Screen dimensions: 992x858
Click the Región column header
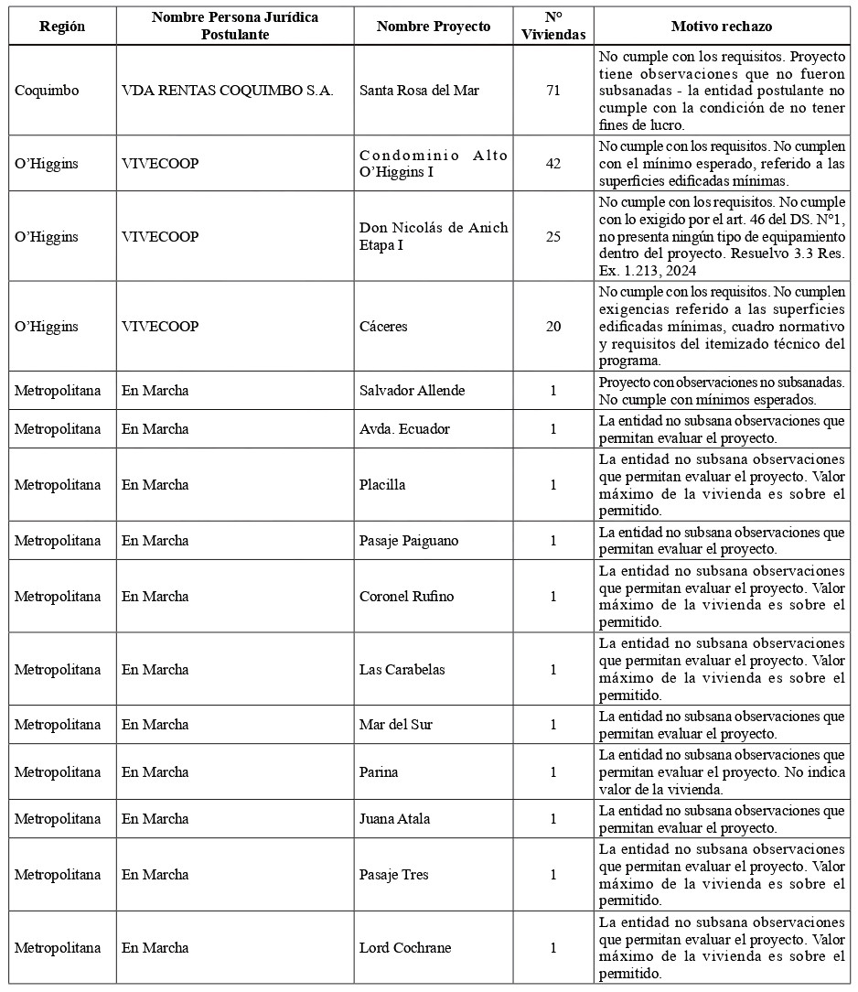point(62,27)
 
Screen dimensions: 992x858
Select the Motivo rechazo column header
point(721,27)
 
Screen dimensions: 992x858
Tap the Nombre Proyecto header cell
point(433,27)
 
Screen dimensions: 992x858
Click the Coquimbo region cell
point(47,91)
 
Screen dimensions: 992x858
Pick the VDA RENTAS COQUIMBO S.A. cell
point(227,91)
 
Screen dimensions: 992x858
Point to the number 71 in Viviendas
point(552,91)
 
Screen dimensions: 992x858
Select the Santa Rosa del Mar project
point(419,91)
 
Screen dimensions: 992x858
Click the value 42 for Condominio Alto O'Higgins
point(552,164)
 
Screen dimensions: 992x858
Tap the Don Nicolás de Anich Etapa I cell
point(433,236)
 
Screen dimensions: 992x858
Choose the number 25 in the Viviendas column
point(552,236)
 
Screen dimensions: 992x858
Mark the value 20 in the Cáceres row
point(552,326)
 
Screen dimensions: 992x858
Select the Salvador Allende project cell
point(412,391)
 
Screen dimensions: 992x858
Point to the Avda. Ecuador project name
point(404,429)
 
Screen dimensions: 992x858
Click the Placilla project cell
point(382,485)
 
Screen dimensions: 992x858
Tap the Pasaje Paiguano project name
point(409,541)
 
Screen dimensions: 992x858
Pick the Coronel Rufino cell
point(406,597)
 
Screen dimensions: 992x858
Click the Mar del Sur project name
point(396,725)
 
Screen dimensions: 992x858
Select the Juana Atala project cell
point(394,819)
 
